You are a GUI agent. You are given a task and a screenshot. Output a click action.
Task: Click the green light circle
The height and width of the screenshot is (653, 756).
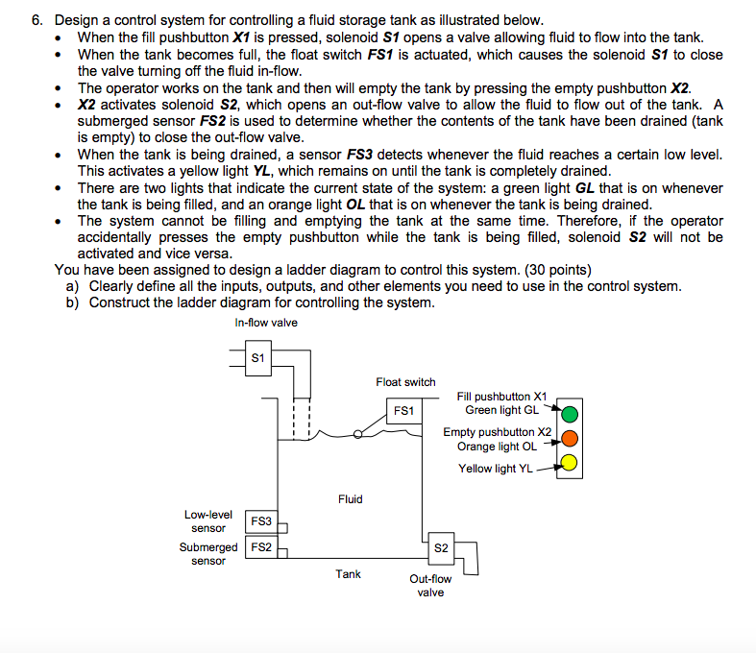(569, 415)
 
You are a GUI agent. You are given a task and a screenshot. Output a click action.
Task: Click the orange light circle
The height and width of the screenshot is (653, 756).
(569, 439)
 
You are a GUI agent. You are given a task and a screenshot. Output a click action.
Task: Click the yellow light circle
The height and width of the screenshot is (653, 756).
(569, 464)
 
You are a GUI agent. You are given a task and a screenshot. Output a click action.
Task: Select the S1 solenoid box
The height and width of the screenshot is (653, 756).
(257, 359)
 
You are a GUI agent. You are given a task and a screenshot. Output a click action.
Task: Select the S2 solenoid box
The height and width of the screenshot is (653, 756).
(441, 547)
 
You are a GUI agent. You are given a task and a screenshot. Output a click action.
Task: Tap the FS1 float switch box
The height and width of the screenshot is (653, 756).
(403, 410)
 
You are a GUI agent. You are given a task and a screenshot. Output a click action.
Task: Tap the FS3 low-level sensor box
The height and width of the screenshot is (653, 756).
(260, 521)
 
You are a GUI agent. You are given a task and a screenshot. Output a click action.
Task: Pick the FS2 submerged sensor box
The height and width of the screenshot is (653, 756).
(260, 547)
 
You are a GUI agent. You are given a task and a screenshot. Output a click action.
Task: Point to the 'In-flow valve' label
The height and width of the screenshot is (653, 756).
(266, 323)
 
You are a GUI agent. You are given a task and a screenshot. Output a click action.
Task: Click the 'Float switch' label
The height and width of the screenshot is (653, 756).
(405, 382)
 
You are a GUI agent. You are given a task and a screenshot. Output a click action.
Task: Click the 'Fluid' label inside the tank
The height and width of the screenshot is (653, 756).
(351, 499)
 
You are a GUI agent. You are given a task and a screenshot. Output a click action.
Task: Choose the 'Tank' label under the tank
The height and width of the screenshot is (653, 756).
(348, 574)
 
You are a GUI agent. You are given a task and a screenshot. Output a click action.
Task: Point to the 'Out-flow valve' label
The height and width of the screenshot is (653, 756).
(430, 586)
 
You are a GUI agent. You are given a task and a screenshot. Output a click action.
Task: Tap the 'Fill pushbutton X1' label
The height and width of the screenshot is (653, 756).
(501, 397)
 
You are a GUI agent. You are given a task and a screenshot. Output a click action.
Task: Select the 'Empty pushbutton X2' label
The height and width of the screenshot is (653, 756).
(497, 432)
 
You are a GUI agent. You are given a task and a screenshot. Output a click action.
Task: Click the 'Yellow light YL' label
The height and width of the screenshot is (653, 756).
(495, 469)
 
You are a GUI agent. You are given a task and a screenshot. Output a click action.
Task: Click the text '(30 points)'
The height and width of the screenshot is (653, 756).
(554, 270)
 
